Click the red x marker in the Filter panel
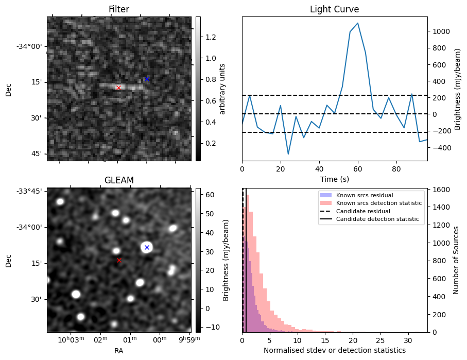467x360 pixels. (x=118, y=88)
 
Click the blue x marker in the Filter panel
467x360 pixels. (x=147, y=79)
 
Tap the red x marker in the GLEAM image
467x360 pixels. (x=119, y=260)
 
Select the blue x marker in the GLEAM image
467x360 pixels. (x=147, y=247)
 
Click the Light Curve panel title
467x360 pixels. (x=334, y=9)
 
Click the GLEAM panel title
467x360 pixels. (x=119, y=180)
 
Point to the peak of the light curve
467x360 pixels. (x=358, y=23)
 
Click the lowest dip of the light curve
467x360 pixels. (x=288, y=154)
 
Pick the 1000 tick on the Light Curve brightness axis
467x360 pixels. (x=442, y=31)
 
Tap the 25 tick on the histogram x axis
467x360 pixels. (x=380, y=340)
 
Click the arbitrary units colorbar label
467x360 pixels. (x=222, y=89)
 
